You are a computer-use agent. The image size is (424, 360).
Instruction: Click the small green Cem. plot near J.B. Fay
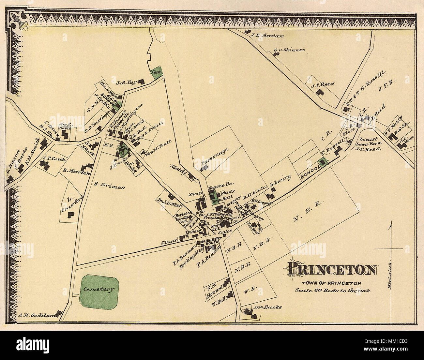(x=157, y=73)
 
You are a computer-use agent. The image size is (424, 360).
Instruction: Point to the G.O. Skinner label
(x=289, y=50)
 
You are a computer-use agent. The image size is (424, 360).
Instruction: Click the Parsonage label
(x=214, y=157)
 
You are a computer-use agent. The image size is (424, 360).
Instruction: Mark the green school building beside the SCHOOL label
(x=323, y=162)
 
